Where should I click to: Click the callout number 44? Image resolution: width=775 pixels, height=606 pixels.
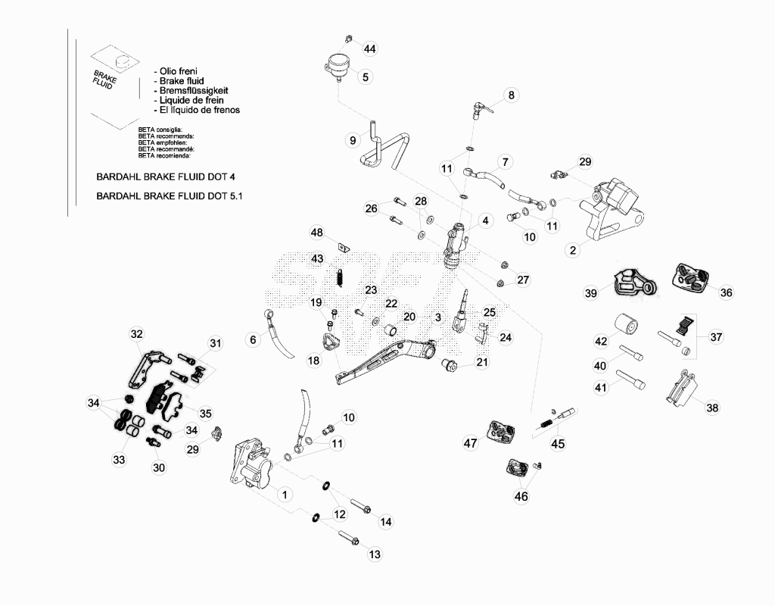point(369,48)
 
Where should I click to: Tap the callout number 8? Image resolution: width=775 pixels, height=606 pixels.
point(511,95)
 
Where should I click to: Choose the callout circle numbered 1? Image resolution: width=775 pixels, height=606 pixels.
point(285,494)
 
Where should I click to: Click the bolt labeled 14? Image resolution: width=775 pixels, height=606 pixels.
point(361,506)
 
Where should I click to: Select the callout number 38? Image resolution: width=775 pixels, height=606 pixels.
point(712,408)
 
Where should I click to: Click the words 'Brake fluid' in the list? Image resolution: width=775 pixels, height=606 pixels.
point(182,80)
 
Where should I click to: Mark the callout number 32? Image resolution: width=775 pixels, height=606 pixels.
point(136,334)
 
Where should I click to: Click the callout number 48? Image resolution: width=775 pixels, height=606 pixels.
point(317,233)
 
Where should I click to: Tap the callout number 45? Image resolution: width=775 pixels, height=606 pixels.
point(558,444)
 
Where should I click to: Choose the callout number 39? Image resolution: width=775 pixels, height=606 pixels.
point(590,293)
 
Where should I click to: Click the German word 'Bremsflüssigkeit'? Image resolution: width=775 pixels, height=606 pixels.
point(194,91)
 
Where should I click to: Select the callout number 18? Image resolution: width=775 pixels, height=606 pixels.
point(314,361)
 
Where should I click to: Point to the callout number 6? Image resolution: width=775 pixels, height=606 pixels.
point(253,339)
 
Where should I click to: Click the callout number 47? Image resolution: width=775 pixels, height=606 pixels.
point(470,442)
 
